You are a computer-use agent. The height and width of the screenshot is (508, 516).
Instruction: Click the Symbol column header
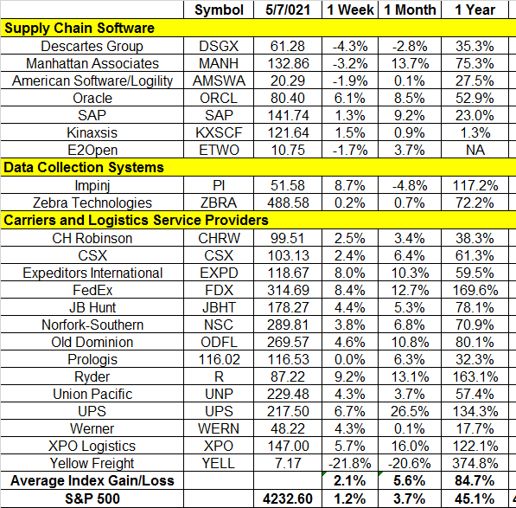(219, 10)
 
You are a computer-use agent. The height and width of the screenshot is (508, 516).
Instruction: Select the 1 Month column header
(410, 10)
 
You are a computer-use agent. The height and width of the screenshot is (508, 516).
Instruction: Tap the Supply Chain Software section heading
(80, 29)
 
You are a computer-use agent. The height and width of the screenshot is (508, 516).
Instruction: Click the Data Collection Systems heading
(84, 167)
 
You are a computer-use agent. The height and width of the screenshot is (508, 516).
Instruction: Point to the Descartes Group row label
(92, 46)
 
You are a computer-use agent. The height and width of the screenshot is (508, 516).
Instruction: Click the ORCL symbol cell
(219, 98)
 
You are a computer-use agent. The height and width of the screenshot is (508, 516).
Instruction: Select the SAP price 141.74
(289, 116)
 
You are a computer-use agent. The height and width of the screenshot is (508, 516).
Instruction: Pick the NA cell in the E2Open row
(475, 151)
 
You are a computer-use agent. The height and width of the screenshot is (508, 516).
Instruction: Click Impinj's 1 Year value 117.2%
(475, 185)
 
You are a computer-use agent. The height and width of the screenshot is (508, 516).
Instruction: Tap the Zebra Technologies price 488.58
(289, 203)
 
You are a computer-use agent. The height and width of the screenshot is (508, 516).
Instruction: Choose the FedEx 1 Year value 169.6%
(475, 290)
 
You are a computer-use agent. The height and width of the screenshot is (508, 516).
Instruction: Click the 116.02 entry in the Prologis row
(220, 359)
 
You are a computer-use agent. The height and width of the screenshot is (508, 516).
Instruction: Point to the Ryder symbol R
(219, 376)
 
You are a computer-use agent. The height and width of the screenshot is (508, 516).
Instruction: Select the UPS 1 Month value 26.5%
(410, 411)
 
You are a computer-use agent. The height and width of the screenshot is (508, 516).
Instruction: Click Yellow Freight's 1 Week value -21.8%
(350, 464)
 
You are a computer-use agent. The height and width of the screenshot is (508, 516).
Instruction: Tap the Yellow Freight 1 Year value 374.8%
(475, 464)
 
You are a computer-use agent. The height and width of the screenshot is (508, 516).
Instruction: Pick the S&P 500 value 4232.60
(288, 498)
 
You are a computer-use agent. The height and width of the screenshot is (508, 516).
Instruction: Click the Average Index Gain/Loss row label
(92, 481)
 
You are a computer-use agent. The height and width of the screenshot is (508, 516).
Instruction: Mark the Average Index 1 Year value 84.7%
(475, 481)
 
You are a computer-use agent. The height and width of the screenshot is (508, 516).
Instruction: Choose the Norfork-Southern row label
(92, 325)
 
